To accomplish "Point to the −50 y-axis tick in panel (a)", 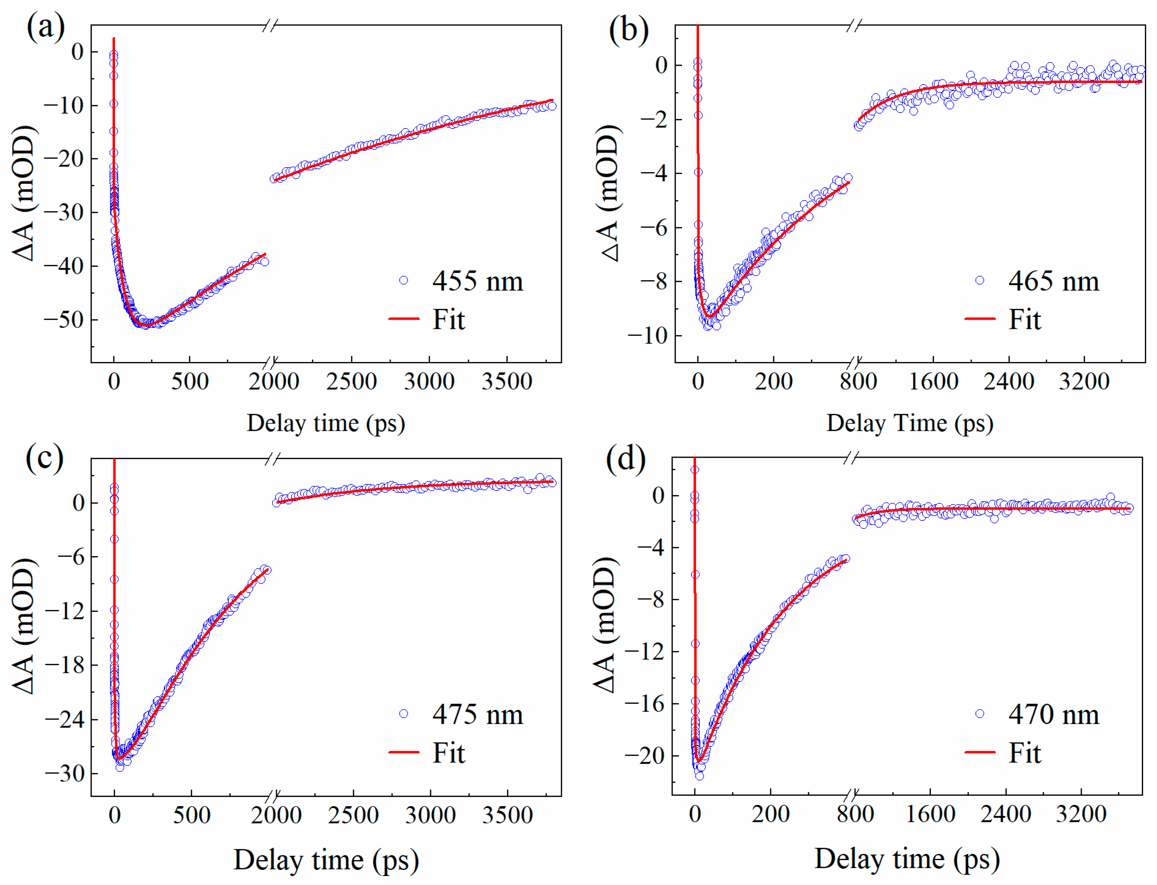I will pos(64,320).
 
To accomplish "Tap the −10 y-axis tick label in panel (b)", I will pos(647,336).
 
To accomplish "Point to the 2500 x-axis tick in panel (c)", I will pos(353,815).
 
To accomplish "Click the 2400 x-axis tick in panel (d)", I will pos(1006,814).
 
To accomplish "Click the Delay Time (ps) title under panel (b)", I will pos(910,423).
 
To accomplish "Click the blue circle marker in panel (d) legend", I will pos(980,714).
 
